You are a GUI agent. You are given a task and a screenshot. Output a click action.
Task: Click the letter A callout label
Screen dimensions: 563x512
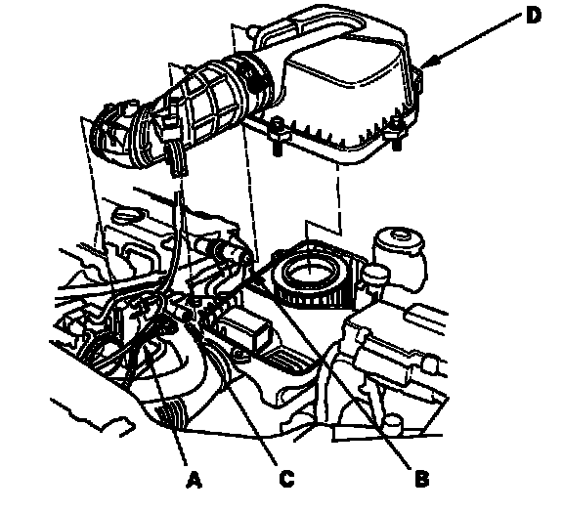194,480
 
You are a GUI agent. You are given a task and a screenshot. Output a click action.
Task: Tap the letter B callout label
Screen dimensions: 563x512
422,479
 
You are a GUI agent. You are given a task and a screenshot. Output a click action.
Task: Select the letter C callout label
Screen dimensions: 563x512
286,479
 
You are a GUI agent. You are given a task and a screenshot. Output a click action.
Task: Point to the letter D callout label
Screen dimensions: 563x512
534,17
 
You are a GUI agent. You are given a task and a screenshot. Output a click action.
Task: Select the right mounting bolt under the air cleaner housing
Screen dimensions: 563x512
396,134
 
